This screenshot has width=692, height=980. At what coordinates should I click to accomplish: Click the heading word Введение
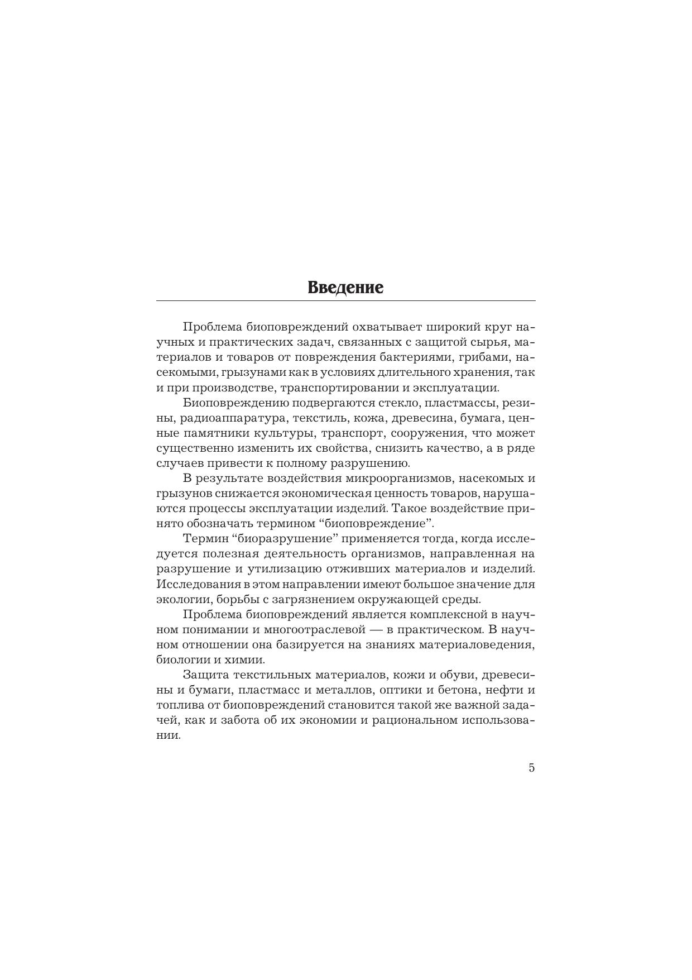345,288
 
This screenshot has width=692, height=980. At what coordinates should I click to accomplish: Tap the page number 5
531,768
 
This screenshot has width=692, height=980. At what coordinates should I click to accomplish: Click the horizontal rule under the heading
345,301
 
